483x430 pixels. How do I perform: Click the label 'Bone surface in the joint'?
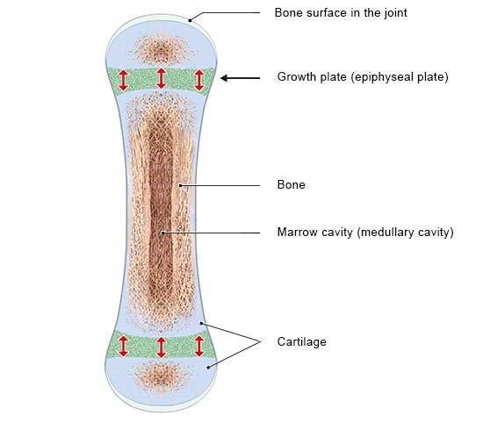[x=341, y=13]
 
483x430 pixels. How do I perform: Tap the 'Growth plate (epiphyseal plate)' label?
[x=363, y=77]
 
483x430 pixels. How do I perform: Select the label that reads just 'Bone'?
[x=291, y=184]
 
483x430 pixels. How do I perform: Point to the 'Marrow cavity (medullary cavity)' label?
[x=365, y=232]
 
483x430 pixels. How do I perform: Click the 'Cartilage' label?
[x=301, y=341]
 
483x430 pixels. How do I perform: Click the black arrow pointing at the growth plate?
[x=241, y=78]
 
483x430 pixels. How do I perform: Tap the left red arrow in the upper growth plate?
[x=123, y=80]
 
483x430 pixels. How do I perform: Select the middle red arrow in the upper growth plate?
[x=161, y=78]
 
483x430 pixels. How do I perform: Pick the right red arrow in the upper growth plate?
[x=199, y=80]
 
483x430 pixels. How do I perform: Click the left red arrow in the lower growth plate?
[x=123, y=347]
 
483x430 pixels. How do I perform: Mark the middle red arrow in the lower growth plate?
[x=161, y=348]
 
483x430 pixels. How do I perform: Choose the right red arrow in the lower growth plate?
[x=199, y=347]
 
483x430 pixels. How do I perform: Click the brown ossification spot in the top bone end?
[x=161, y=49]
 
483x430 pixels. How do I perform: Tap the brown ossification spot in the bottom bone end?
[x=161, y=376]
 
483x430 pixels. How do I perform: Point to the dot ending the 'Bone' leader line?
[x=181, y=186]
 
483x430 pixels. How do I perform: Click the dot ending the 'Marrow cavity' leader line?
[x=162, y=233]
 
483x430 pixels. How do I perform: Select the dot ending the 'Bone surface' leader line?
[x=190, y=21]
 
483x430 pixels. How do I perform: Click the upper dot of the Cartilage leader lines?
[x=201, y=323]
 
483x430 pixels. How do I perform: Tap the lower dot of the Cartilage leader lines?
[x=208, y=367]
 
